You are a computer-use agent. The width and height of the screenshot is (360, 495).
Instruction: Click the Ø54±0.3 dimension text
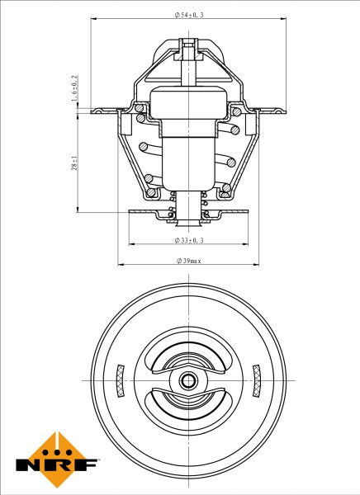point(190,16)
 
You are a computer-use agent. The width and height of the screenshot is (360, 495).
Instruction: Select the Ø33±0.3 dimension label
point(189,240)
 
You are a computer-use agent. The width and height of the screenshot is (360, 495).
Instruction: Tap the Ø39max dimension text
point(189,260)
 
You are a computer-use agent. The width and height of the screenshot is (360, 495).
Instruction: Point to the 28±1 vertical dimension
point(74,163)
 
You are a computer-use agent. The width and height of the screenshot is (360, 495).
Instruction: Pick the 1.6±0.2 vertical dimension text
point(74,88)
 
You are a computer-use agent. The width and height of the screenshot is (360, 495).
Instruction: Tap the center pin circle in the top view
point(189,380)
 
